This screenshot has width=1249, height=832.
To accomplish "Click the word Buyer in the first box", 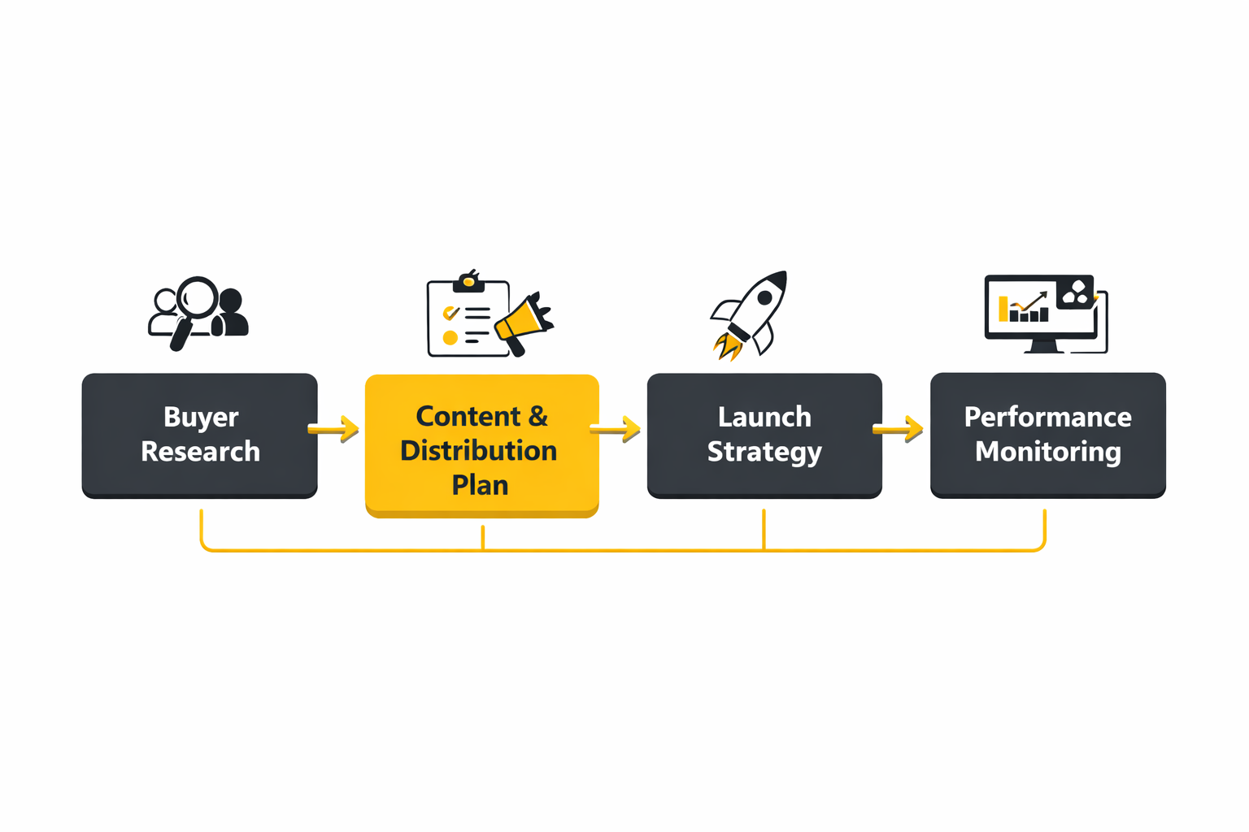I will [x=201, y=417].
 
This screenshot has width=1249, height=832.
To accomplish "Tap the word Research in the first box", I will [x=200, y=451].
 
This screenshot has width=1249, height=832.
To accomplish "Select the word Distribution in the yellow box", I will [x=478, y=450].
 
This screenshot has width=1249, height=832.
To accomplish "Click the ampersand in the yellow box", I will [x=537, y=416].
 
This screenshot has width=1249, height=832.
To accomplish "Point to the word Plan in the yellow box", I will [x=480, y=485].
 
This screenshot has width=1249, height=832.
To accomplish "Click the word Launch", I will [x=764, y=417].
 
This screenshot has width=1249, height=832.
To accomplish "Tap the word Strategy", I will [x=764, y=452].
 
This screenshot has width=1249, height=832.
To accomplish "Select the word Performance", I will [x=1047, y=417].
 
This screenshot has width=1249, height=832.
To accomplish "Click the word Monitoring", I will [x=1047, y=451].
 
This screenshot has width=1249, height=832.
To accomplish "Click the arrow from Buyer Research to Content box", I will [x=334, y=428].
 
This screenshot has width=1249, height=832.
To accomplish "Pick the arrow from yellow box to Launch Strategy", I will [x=616, y=428].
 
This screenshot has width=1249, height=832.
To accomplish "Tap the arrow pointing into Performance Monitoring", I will [x=899, y=428].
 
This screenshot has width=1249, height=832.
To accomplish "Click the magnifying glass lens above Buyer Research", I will [x=198, y=297].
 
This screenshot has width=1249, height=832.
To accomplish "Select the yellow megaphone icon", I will [x=521, y=322].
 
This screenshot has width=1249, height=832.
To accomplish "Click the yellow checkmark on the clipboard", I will [x=450, y=313].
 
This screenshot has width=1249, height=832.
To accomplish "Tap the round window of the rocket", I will [x=764, y=298].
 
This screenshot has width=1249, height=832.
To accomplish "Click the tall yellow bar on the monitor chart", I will [x=1003, y=309].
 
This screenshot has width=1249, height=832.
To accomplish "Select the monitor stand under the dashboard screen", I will [x=1043, y=346].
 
